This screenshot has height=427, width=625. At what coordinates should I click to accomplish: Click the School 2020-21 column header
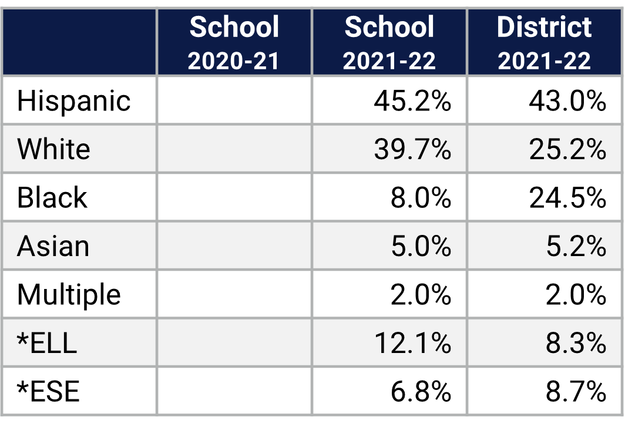(x=234, y=43)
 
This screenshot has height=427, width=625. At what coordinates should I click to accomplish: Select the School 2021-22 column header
(x=389, y=43)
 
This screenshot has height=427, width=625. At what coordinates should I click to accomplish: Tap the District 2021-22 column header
(x=544, y=43)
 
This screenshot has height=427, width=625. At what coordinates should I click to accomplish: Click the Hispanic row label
(x=73, y=100)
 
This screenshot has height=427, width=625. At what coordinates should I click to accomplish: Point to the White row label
(x=53, y=149)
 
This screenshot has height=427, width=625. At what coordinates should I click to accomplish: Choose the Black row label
(x=52, y=197)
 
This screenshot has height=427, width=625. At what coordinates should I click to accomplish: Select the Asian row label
(x=53, y=246)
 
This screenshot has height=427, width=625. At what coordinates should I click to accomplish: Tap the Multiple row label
(x=69, y=294)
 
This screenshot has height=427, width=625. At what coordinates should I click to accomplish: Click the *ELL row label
(x=47, y=342)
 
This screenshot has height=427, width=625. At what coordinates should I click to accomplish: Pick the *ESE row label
(x=48, y=391)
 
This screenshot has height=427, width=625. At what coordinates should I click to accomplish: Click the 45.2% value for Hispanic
(x=412, y=101)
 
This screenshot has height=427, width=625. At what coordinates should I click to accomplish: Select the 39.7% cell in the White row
(x=412, y=149)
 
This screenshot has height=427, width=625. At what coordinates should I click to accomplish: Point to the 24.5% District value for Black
(x=567, y=198)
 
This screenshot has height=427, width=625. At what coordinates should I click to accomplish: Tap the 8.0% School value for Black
(x=421, y=198)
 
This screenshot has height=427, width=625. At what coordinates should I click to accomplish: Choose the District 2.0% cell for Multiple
(x=576, y=294)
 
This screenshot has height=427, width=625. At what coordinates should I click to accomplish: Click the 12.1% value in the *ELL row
(x=412, y=343)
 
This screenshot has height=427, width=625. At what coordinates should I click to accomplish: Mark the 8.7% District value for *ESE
(x=576, y=391)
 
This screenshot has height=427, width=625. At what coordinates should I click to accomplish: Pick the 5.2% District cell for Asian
(x=576, y=246)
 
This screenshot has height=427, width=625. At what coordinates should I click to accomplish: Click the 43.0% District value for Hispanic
(x=567, y=101)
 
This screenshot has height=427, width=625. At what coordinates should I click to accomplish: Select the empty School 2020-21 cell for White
(x=234, y=149)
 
